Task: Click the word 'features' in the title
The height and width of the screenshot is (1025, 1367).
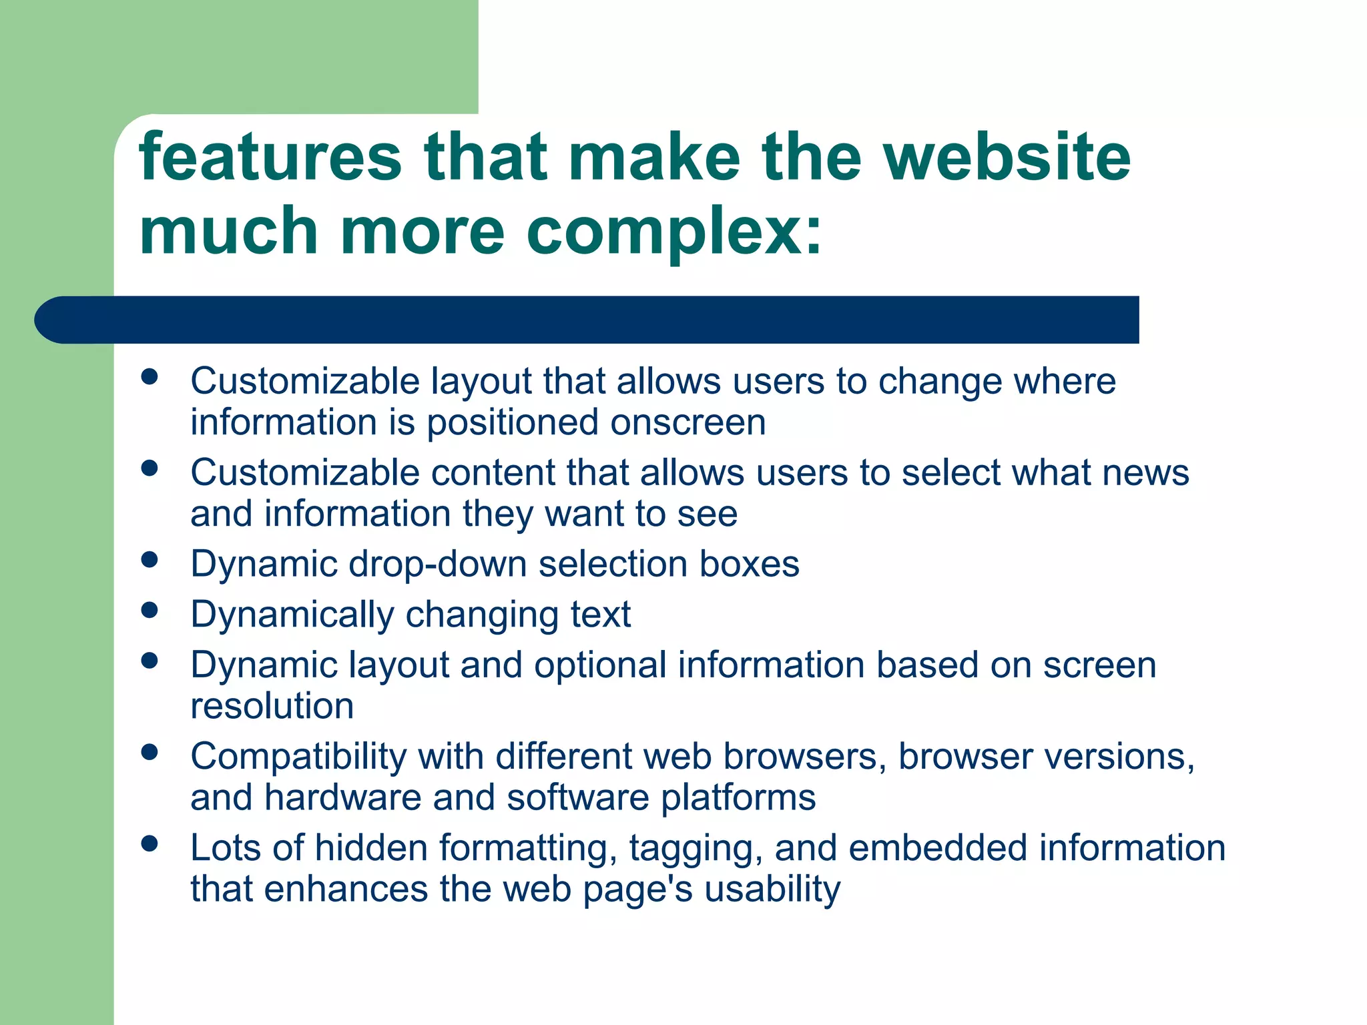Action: click(270, 157)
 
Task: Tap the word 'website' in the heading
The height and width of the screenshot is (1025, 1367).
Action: click(1007, 157)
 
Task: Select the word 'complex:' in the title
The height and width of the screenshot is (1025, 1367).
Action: click(674, 232)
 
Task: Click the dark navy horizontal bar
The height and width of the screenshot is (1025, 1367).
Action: click(587, 320)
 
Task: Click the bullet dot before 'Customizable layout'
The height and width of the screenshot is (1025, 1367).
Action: click(150, 376)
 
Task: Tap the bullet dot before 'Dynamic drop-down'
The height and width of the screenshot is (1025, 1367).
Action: click(150, 559)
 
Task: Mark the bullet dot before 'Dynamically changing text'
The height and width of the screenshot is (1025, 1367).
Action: click(150, 609)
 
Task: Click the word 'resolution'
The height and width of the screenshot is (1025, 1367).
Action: click(272, 706)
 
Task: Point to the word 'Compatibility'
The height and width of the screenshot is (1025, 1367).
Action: click(298, 757)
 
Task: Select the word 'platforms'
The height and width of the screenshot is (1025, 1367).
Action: click(738, 798)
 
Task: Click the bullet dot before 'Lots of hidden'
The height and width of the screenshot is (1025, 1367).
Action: click(150, 843)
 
